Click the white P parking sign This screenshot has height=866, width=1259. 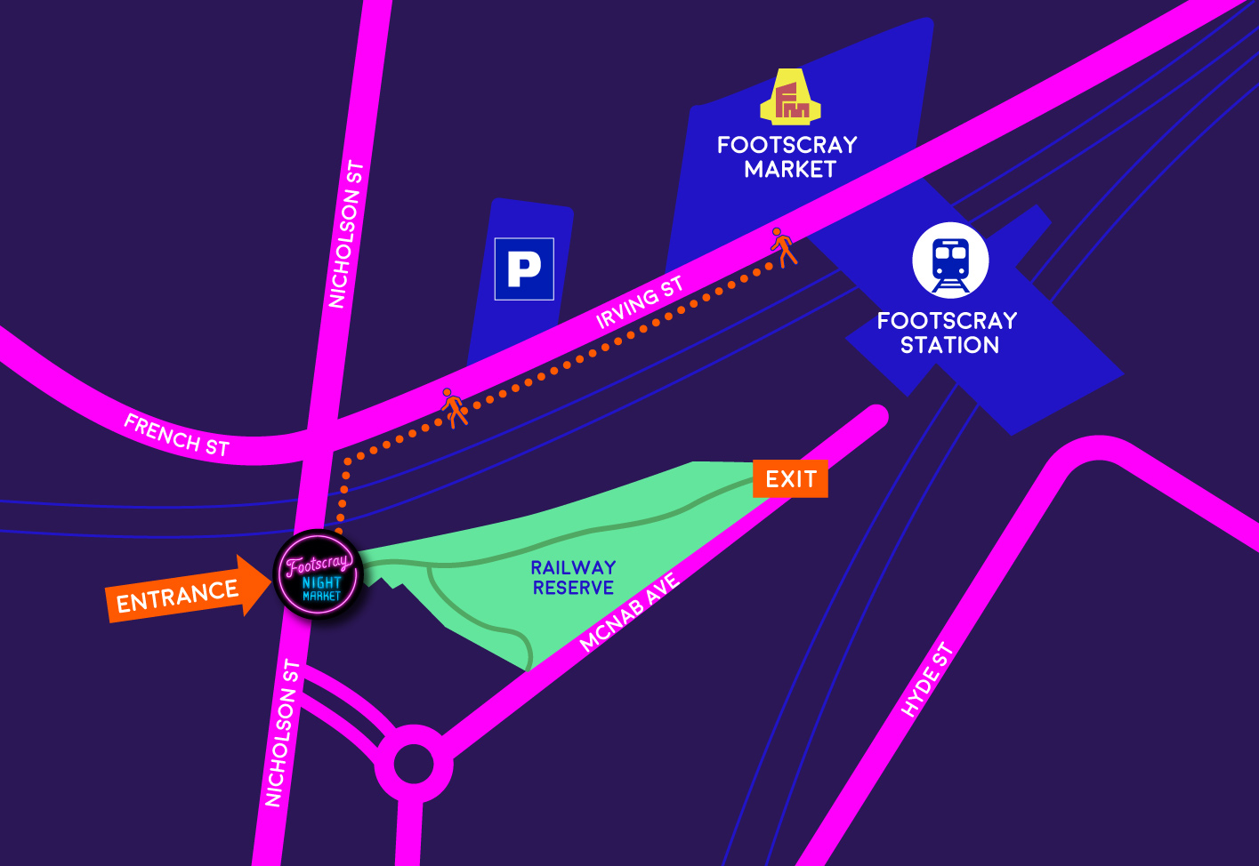pos(524,269)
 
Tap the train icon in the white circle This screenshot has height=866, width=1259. pos(950,261)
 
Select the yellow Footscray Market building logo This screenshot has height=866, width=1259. pos(790,98)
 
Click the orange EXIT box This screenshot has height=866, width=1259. pos(790,479)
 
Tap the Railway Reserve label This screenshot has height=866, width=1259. pos(573,578)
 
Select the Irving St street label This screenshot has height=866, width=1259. pos(640,303)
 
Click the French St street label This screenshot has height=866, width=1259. pos(177,435)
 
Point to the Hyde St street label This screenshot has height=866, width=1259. pos(927,679)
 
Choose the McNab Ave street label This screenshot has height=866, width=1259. pos(629,613)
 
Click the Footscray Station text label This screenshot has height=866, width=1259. pos(948,333)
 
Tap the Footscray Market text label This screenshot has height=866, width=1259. pos(787,156)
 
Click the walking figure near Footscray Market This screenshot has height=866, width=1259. pos(783,246)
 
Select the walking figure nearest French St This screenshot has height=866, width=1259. pos(454,407)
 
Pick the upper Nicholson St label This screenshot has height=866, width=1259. pos(346,235)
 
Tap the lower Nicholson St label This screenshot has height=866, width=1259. pos(283,734)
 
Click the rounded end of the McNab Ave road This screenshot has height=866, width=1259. pos(876,416)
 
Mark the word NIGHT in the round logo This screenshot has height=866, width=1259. pos(321,582)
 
